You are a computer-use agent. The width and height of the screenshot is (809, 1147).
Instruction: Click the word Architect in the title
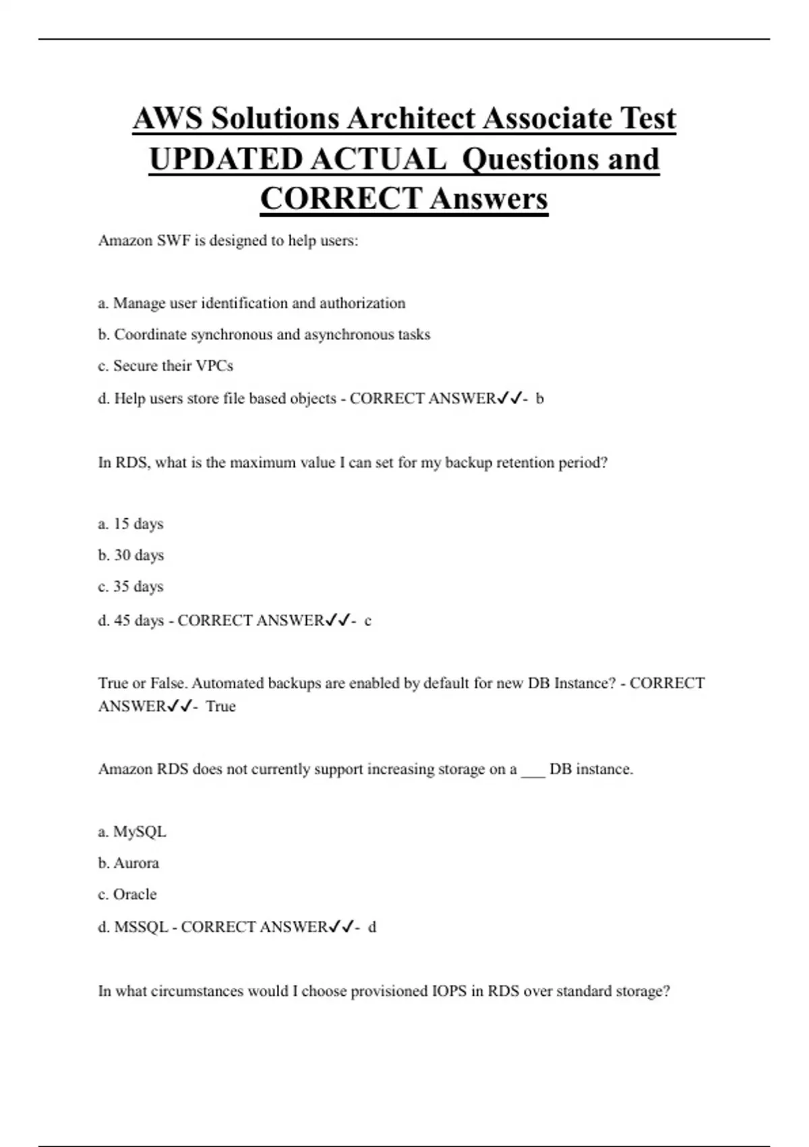[411, 119]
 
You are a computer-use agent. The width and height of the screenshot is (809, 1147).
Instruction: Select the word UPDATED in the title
[226, 159]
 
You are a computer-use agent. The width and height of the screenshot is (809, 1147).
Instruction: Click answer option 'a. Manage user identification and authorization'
[251, 304]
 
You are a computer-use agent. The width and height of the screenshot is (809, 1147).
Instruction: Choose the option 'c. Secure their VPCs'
[165, 366]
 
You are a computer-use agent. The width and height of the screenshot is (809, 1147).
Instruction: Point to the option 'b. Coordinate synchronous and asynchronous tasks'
[264, 335]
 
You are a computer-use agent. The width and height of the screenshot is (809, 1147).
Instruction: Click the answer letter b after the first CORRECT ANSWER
[539, 399]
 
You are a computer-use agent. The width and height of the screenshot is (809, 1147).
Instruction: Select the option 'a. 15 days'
[131, 524]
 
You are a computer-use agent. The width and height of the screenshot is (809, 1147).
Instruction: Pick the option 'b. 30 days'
[131, 555]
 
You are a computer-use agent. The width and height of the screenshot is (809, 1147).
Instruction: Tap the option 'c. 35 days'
[131, 586]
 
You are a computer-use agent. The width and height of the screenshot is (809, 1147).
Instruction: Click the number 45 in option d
[122, 621]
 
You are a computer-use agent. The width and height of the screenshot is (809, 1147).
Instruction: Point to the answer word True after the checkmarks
[220, 706]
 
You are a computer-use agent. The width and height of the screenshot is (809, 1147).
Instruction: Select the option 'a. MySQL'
[132, 832]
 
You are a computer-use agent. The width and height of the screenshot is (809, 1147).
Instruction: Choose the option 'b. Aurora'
[129, 863]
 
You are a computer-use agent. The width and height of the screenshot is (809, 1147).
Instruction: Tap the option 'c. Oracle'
[127, 895]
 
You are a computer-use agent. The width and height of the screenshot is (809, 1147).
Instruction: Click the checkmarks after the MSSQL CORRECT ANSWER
[340, 928]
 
